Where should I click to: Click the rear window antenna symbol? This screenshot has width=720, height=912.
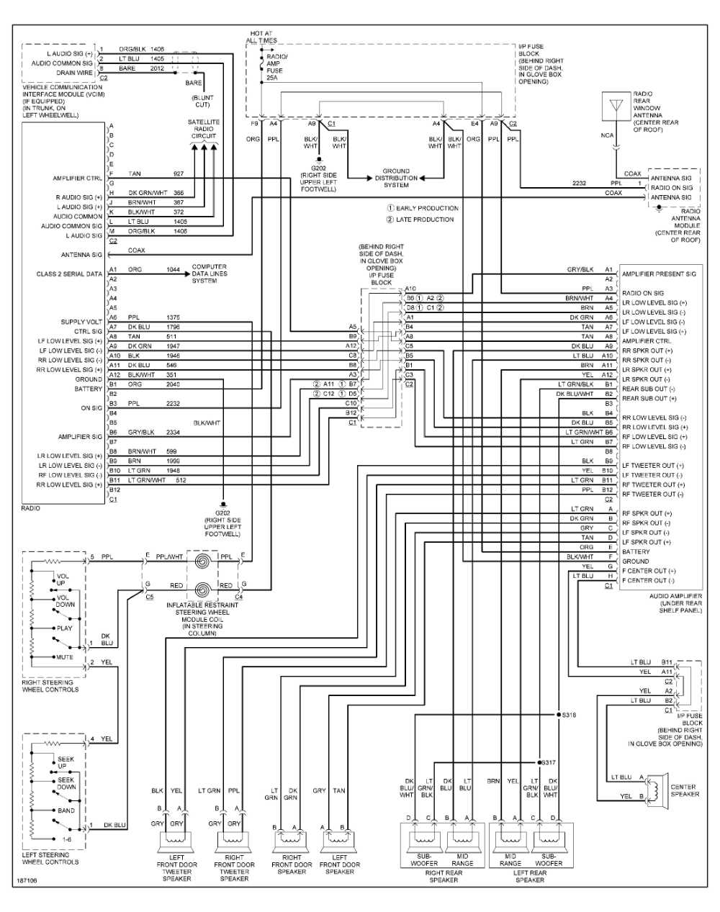click(x=616, y=106)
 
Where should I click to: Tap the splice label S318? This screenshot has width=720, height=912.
click(x=569, y=715)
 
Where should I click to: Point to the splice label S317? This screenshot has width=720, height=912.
click(x=548, y=762)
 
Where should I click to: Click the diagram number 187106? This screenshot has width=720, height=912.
click(x=26, y=880)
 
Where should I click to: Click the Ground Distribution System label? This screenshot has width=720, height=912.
click(x=396, y=178)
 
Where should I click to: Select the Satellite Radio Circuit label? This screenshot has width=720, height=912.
click(x=204, y=129)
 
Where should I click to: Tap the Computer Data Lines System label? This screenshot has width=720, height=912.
click(x=209, y=274)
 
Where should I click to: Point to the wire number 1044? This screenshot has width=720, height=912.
click(x=173, y=270)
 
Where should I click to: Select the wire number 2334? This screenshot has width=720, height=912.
click(x=173, y=433)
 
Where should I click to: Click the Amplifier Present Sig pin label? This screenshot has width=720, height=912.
click(x=659, y=274)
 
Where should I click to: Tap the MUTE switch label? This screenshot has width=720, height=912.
click(x=65, y=657)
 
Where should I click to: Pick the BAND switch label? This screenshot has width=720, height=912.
click(x=66, y=811)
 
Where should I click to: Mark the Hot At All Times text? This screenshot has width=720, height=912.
click(x=263, y=37)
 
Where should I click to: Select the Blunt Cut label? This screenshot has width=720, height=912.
click(x=202, y=101)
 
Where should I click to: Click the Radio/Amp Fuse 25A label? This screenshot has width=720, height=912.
click(x=276, y=67)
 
